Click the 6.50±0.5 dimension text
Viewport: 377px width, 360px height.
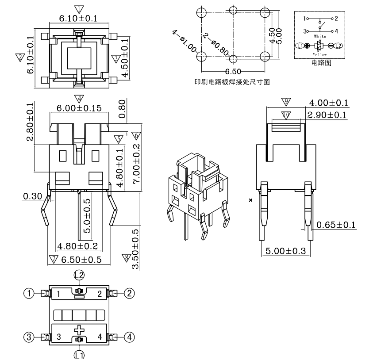tap(82, 260)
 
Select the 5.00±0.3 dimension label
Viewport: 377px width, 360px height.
tap(285, 251)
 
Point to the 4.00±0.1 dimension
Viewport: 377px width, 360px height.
tap(328, 103)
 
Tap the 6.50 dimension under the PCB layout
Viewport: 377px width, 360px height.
tap(233, 72)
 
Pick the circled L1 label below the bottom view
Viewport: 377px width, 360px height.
tap(79, 354)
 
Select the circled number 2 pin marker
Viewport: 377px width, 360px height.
tap(129, 293)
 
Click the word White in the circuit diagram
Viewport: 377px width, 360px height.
tap(320, 36)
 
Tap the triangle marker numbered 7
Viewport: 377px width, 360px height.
tap(54, 259)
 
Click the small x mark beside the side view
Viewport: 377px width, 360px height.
tap(250, 200)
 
